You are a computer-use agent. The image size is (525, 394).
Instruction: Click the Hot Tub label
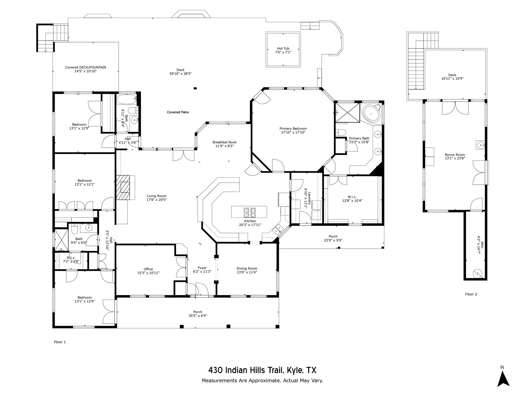tap(283, 48)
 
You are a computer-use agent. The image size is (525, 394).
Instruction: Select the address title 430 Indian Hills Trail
tap(262, 370)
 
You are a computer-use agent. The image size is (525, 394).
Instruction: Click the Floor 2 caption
tap(471, 294)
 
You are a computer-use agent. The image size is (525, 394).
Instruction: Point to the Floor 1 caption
tap(60, 342)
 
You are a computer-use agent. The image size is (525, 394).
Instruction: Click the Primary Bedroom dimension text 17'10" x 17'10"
tap(293, 132)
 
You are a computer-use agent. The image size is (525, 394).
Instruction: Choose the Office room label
tap(148, 269)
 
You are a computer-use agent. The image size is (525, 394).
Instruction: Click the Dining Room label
tap(247, 268)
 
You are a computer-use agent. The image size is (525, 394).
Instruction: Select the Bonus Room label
tap(455, 155)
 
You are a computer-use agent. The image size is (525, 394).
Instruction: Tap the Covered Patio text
tap(178, 112)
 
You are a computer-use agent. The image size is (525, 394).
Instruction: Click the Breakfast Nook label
tap(224, 142)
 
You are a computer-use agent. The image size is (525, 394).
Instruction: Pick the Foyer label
tap(202, 268)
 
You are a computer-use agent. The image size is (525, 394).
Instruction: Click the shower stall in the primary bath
tap(347, 113)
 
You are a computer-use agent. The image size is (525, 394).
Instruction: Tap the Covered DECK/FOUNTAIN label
tap(85, 67)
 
